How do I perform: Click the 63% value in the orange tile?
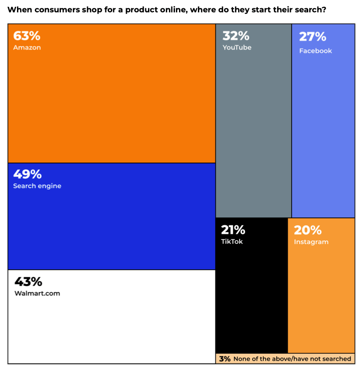(x=27, y=36)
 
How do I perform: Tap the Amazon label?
(x=27, y=48)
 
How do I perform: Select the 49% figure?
(x=27, y=174)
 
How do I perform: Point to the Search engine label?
(x=37, y=186)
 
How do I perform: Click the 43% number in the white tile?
(x=28, y=281)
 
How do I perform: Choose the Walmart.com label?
(x=37, y=293)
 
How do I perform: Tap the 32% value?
(x=235, y=35)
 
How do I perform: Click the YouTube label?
(x=237, y=47)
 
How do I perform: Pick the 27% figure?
(x=312, y=37)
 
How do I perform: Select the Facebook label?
(x=316, y=51)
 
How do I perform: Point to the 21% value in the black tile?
(x=233, y=229)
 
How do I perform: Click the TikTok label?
(x=232, y=241)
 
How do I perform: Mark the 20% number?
(x=308, y=230)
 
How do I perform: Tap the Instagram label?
(x=311, y=242)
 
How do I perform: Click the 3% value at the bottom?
(x=224, y=359)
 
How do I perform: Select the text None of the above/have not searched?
(x=292, y=359)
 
